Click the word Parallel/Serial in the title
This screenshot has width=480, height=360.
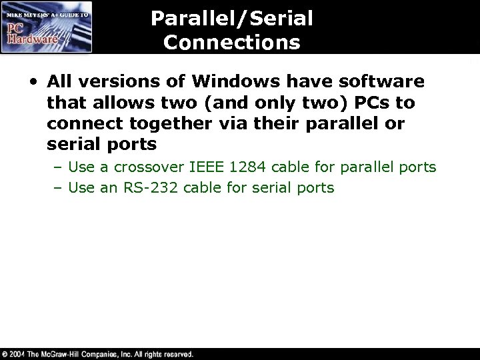click(x=231, y=18)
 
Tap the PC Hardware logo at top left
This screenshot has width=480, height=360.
click(x=46, y=27)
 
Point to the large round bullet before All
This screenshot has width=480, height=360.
click(x=33, y=83)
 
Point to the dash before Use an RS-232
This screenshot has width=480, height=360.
click(x=58, y=188)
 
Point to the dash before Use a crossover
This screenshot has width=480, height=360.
click(x=58, y=167)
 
